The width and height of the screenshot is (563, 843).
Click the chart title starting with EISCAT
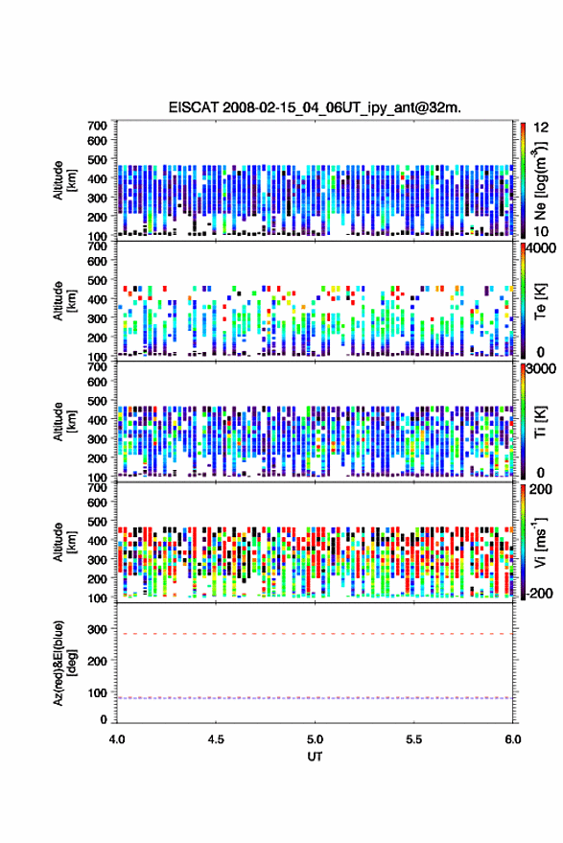click(315, 107)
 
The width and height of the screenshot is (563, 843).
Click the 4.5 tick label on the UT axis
click(216, 739)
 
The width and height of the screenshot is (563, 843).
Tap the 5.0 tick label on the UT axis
click(315, 739)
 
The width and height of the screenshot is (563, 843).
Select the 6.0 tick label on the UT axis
click(512, 739)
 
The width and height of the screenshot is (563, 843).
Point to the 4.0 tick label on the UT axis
click(117, 739)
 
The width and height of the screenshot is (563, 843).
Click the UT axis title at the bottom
click(315, 757)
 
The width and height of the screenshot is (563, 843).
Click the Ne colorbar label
click(540, 180)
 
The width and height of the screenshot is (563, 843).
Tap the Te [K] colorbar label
click(540, 301)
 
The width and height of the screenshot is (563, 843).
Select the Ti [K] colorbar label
click(540, 422)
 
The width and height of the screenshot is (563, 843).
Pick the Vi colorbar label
click(540, 542)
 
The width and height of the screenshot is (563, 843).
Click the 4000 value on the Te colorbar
click(541, 248)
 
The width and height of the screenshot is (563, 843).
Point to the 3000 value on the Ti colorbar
click(541, 369)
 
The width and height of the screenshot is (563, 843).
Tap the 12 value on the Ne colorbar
click(541, 128)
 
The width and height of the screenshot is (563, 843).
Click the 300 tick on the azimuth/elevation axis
click(97, 629)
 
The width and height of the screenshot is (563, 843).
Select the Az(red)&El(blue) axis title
click(64, 663)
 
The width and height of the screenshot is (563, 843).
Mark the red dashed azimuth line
click(315, 634)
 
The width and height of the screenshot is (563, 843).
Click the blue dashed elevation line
click(315, 698)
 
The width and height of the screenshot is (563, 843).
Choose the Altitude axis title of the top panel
click(64, 180)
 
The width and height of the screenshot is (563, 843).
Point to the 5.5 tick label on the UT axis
click(413, 739)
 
